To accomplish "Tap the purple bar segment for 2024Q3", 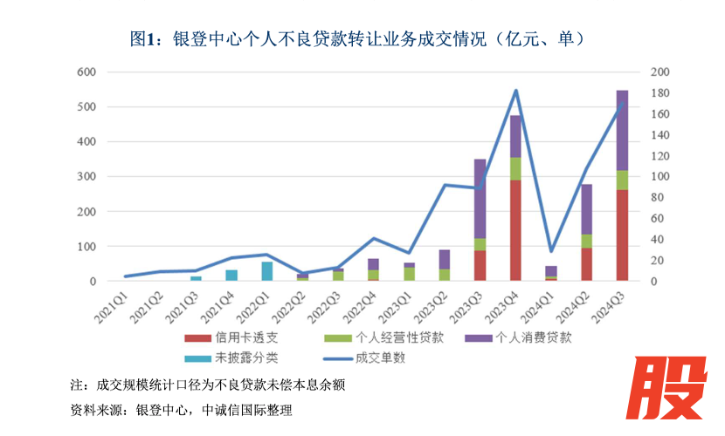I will coord(622,131).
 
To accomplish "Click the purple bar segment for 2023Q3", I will coord(480,199).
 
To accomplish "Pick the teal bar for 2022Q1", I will coord(267,271).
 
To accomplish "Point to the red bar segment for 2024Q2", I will coord(586,264).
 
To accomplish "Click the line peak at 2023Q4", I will coord(515,91).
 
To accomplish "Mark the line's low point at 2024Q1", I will coord(551,251).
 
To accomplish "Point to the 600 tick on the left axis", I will coord(86,72).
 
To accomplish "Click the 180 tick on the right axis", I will coord(660,92).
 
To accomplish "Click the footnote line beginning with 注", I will coord(214,385).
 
